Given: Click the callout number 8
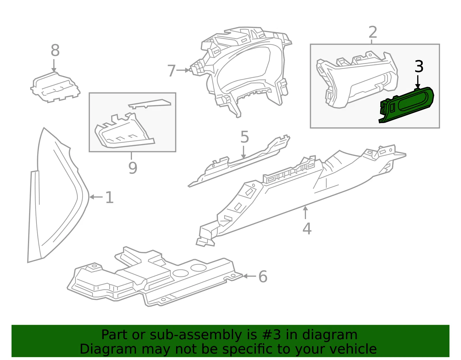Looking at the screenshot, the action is pos(55,50).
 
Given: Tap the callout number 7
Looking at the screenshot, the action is pos(171,70).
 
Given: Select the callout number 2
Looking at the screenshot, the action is pos(373,32).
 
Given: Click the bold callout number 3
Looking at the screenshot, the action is pos(419,66).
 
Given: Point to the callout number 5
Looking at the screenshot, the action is pos(245,137).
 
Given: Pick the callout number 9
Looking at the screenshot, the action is pos(133,168).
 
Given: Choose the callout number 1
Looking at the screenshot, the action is pos(109,197).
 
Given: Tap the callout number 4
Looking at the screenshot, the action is pos(307,229).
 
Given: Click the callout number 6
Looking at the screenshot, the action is pos(263,277).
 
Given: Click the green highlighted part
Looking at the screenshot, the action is pos(406,105).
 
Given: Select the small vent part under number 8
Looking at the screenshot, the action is pos(55,87).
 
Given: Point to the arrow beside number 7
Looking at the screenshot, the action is pos(183,70).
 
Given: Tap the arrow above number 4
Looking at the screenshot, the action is pos(305,212).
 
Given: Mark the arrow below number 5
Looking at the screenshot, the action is pos(243,152).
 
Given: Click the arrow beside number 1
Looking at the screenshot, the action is pos(96,197).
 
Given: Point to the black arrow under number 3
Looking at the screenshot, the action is pos(417,82).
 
